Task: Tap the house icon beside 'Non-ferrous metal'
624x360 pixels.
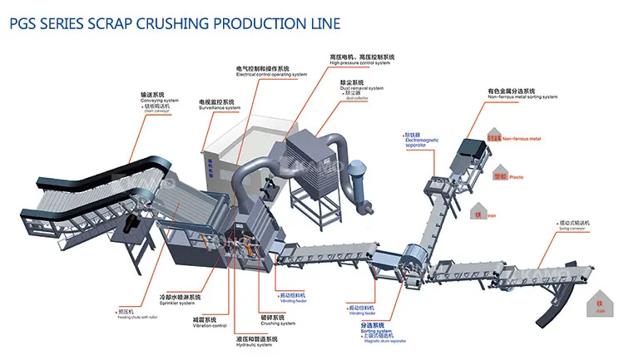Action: coord(493,135)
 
